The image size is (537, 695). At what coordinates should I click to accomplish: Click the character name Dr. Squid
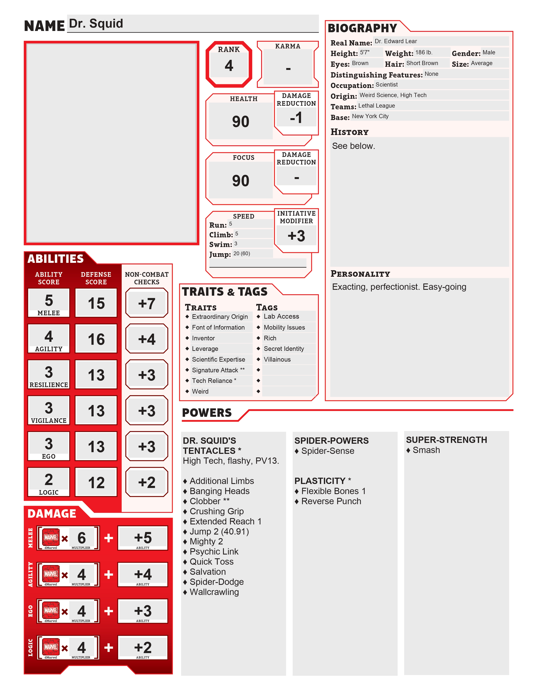[96, 24]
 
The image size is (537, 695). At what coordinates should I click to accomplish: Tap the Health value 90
[240, 122]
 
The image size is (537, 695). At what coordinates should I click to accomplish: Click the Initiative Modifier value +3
[296, 236]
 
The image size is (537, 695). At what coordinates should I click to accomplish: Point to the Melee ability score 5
[49, 300]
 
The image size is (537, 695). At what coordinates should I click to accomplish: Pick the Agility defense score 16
[96, 339]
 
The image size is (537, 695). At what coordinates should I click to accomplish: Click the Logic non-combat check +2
[147, 482]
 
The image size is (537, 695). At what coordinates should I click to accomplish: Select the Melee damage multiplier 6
[81, 538]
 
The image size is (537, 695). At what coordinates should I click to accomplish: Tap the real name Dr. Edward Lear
[395, 41]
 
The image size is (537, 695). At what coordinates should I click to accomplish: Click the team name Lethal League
[376, 106]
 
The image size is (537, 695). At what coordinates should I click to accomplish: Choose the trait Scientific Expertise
[218, 360]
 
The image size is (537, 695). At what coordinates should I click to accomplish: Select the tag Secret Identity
[284, 349]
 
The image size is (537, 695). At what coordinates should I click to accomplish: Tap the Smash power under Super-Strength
[426, 450]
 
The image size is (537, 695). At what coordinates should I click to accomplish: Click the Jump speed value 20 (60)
[242, 254]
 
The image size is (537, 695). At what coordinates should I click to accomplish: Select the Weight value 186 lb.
[424, 52]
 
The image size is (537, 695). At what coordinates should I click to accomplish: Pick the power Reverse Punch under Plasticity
[331, 501]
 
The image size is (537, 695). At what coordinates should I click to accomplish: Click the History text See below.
[353, 146]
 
